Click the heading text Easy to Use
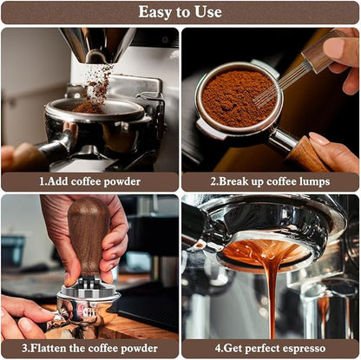(x=180, y=12)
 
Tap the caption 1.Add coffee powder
(x=90, y=181)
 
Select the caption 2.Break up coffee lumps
(x=270, y=181)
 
